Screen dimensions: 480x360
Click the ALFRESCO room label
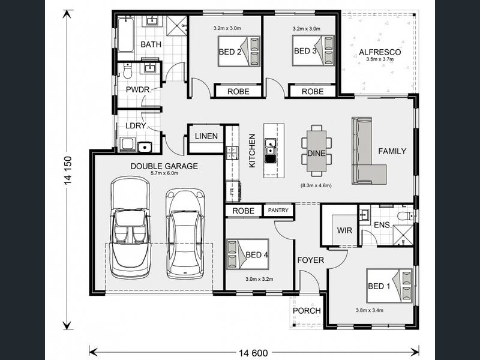pos(380,52)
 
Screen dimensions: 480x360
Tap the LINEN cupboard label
pos(206,136)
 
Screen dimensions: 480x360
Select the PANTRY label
pos(278,211)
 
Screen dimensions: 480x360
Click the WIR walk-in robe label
pos(344,230)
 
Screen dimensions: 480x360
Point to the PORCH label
pos(307,311)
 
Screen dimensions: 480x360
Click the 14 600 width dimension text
pos(253,353)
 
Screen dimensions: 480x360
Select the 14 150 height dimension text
pos(68,170)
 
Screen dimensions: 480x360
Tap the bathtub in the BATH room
pos(125,35)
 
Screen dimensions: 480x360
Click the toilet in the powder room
pos(127,71)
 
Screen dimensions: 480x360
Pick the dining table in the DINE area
pos(317,151)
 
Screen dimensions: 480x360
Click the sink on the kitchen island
pos(270,147)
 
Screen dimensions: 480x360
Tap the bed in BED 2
pos(239,52)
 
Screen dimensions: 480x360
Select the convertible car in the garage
pos(131,227)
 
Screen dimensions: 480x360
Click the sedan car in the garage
pos(185,233)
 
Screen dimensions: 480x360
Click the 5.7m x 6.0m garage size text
pos(164,173)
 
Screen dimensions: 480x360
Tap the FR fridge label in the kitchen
pos(232,191)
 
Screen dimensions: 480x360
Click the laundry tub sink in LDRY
pos(145,147)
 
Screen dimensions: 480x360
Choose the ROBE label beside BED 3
pos(313,92)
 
